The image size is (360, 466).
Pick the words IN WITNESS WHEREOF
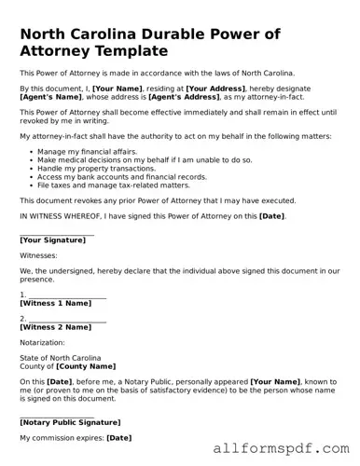(x=58, y=215)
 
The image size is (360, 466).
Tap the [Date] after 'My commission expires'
(x=118, y=437)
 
